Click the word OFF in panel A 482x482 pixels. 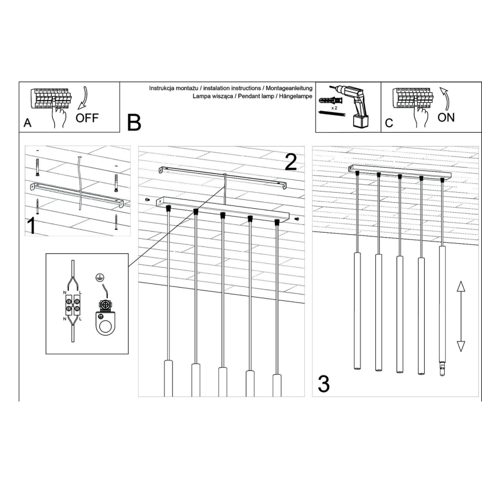(x=87, y=118)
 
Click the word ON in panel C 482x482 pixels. (x=446, y=117)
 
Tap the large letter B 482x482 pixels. (x=134, y=122)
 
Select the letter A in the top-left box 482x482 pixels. (x=27, y=123)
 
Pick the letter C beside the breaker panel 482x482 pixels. (x=389, y=123)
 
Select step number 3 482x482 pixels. (x=324, y=383)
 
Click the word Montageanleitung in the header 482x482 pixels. (x=289, y=89)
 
